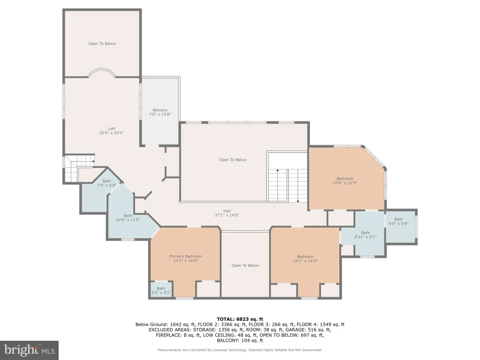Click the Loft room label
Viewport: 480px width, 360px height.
click(112, 128)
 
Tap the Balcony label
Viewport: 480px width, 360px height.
click(160, 110)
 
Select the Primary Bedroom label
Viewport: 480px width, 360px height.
click(186, 256)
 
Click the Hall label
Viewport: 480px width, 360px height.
click(227, 211)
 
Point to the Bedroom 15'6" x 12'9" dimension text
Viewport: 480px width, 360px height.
click(345, 183)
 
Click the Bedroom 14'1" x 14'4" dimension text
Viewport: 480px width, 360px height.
click(305, 261)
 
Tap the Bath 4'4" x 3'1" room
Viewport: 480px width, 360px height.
click(161, 289)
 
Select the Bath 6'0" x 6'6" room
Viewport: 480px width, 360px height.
click(401, 227)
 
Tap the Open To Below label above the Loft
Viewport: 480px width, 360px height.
click(102, 44)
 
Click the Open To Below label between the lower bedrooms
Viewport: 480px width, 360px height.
click(245, 265)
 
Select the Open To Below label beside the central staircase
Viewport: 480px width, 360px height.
click(232, 160)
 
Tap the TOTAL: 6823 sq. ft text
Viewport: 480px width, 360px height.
click(240, 319)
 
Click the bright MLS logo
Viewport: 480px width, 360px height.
click(30, 350)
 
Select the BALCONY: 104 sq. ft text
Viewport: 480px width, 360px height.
click(240, 340)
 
